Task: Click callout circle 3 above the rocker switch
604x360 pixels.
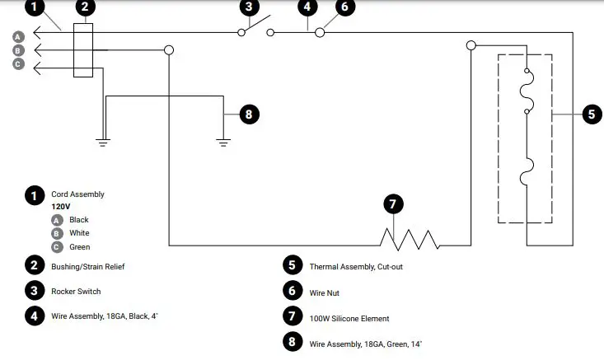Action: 248,8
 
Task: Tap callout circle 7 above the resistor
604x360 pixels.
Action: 393,203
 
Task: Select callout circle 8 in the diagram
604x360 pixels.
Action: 248,115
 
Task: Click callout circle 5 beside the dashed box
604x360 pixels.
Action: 591,115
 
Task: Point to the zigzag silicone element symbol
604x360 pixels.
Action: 410,239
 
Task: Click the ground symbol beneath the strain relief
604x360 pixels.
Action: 103,142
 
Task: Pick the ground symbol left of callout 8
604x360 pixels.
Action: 222,142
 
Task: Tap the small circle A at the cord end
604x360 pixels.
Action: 18,36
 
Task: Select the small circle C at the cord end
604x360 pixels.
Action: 18,65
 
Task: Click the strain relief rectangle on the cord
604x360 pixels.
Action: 83,50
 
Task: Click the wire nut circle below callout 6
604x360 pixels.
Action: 320,33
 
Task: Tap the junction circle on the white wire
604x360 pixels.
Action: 169,50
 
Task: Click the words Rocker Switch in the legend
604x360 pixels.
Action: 75,291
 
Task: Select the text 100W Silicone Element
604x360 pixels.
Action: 349,318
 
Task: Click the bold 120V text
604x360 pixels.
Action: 62,208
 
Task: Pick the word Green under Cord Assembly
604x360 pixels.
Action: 79,247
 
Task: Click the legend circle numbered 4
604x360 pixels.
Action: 34,316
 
